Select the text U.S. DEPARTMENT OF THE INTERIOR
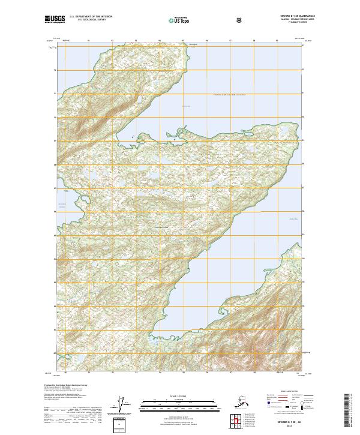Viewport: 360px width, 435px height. [91, 16]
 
